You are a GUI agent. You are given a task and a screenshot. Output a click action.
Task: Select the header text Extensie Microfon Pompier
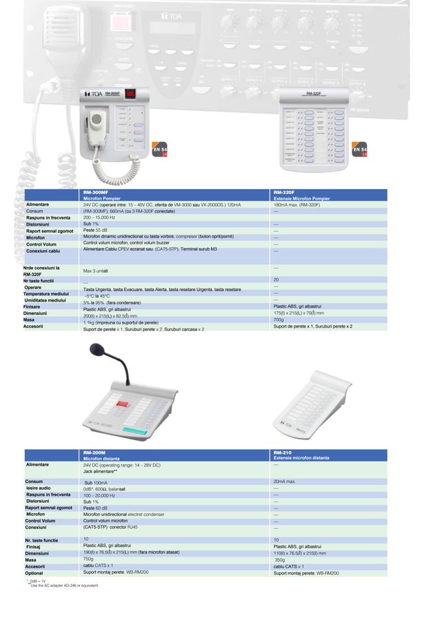(301, 199)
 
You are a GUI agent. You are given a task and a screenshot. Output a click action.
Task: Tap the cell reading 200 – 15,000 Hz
(99, 217)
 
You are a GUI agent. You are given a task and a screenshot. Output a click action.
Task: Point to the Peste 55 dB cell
(97, 230)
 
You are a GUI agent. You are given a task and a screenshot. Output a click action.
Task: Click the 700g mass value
(279, 320)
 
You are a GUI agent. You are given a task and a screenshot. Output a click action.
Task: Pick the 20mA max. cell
(285, 482)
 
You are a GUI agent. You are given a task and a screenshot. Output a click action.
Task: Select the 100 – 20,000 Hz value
(99, 495)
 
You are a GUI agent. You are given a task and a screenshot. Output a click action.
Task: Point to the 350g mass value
(280, 560)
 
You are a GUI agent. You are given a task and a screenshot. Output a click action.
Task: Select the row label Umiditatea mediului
(45, 300)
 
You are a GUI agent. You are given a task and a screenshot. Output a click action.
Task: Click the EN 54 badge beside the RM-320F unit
(359, 150)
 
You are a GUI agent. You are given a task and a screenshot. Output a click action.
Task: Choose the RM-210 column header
(282, 453)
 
